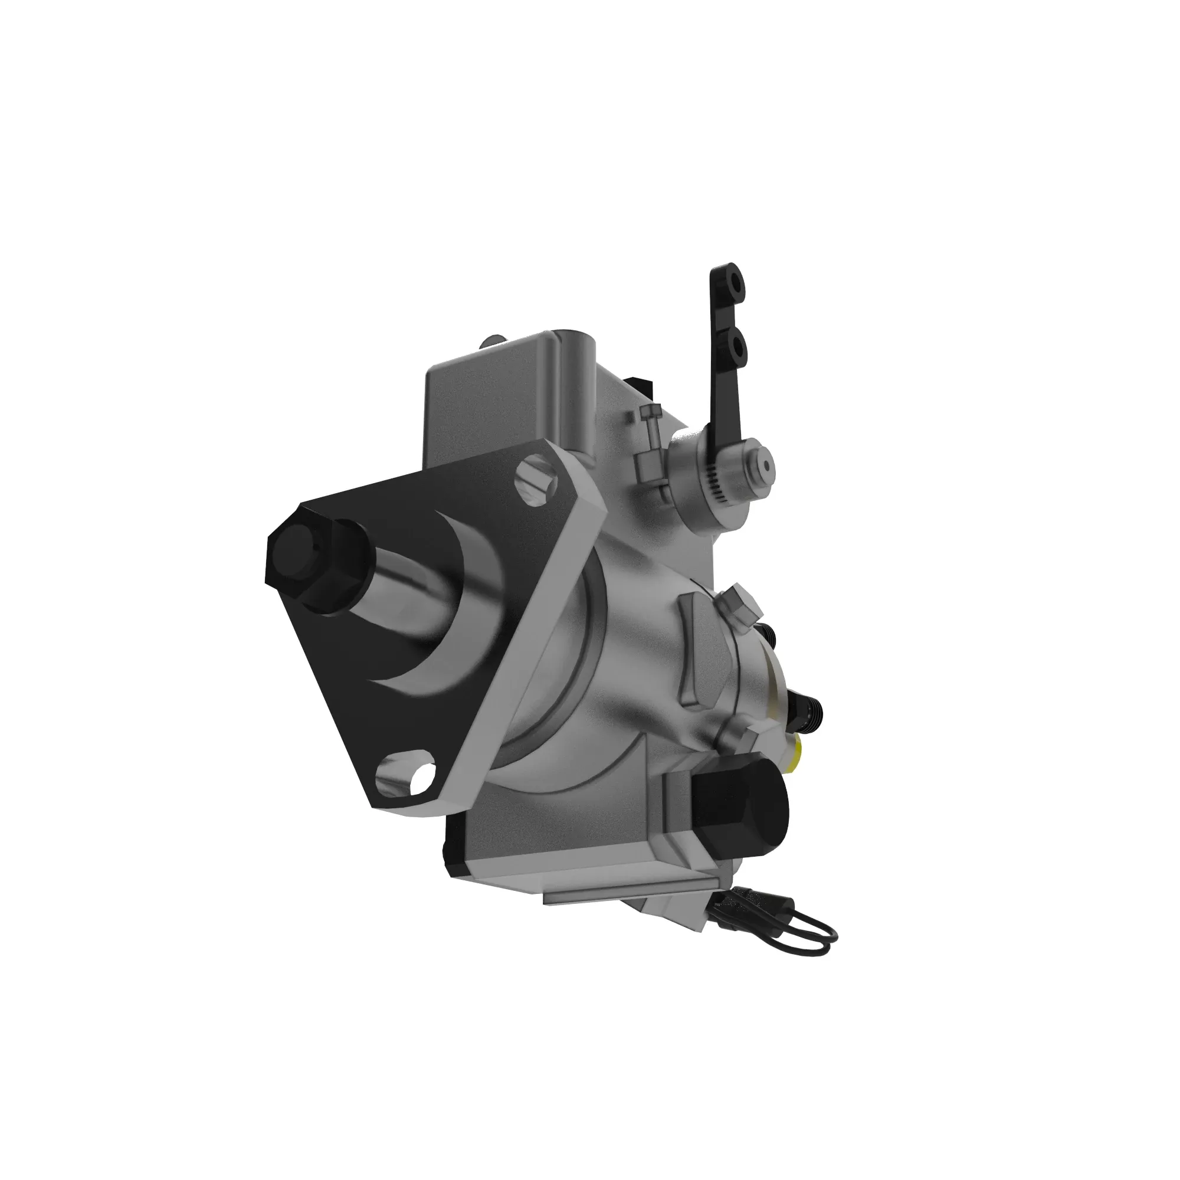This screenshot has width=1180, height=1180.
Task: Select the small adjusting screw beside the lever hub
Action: [x=650, y=435]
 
